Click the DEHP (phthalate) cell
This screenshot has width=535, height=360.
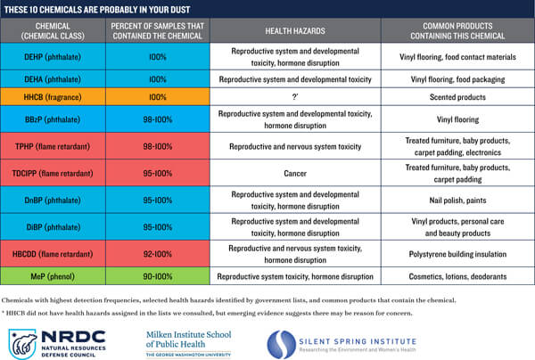point(53,57)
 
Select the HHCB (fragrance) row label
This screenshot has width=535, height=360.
point(53,97)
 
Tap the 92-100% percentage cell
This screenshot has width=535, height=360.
point(158,254)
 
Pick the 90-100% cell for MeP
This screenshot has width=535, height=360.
point(158,276)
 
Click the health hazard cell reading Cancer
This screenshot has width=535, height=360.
point(295,174)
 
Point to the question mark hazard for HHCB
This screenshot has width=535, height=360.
point(295,97)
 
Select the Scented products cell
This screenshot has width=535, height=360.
point(457,97)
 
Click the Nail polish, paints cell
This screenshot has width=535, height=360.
point(457,200)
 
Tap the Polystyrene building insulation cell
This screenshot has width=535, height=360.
point(457,254)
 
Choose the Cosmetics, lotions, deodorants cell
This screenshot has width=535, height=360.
point(457,276)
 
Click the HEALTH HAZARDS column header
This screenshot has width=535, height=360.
point(295,30)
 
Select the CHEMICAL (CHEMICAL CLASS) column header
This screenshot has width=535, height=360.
point(53,30)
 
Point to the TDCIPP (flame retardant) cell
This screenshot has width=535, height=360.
point(53,174)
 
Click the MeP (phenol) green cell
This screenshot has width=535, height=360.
point(53,276)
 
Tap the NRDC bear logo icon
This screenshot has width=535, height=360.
point(22,344)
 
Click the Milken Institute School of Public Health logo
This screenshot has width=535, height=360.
point(189,344)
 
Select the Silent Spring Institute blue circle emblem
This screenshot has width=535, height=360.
point(281,344)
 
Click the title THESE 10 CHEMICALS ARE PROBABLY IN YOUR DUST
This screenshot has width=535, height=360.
point(97,10)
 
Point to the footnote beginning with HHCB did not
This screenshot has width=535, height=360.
point(207,313)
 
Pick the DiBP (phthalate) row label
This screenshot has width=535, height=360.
point(53,227)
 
